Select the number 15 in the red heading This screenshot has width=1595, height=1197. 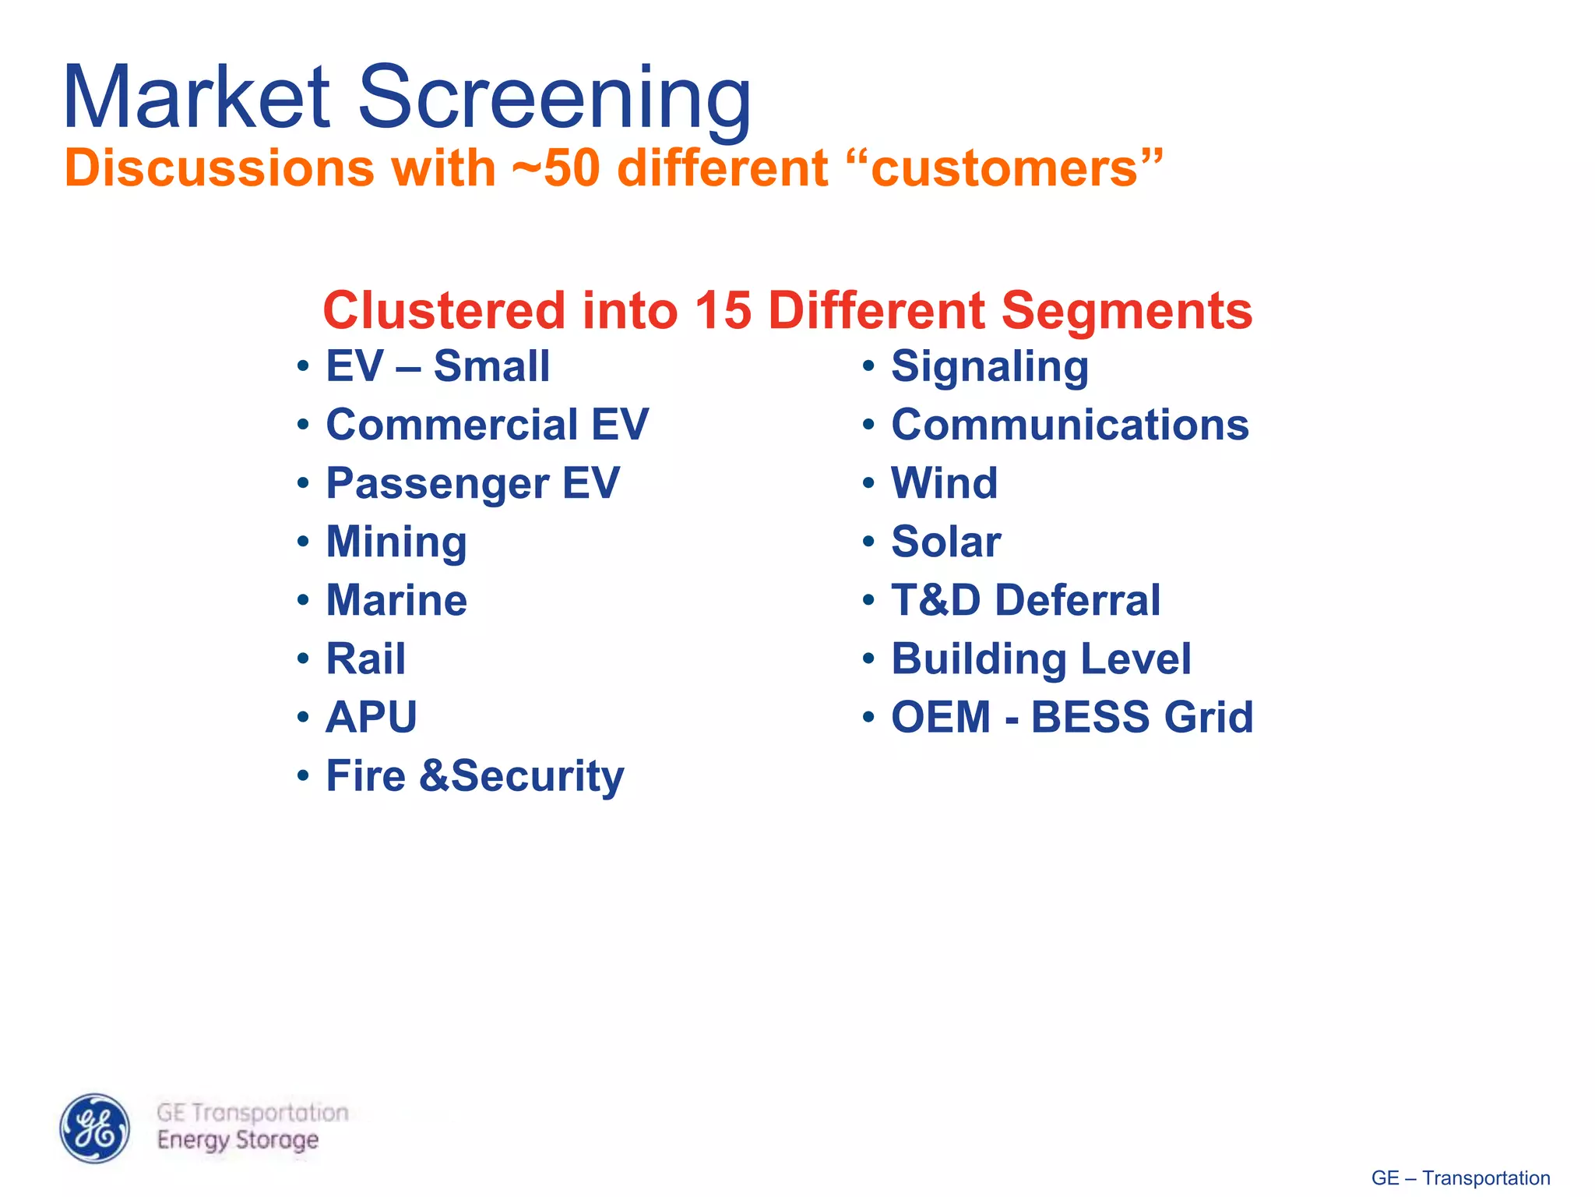(722, 310)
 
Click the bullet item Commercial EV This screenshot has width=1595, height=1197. (486, 425)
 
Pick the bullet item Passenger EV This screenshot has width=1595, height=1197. (472, 483)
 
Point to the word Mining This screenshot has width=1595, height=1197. (396, 542)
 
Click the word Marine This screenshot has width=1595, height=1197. (396, 601)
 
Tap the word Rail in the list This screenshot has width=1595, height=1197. (365, 659)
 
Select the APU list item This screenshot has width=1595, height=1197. (371, 717)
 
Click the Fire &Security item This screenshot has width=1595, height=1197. (474, 776)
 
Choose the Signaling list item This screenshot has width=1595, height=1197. (989, 367)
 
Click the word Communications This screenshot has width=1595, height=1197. (1069, 425)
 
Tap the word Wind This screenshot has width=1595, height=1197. (944, 483)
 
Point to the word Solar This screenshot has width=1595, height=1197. (945, 542)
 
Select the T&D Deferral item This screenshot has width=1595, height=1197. (1025, 601)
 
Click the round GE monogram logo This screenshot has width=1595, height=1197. (95, 1128)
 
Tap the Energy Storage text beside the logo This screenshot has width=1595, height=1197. (238, 1141)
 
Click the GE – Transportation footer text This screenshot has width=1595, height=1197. (1460, 1178)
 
